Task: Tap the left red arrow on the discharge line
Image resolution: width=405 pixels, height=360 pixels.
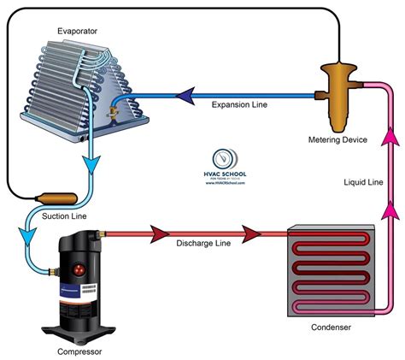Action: coord(159,232)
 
